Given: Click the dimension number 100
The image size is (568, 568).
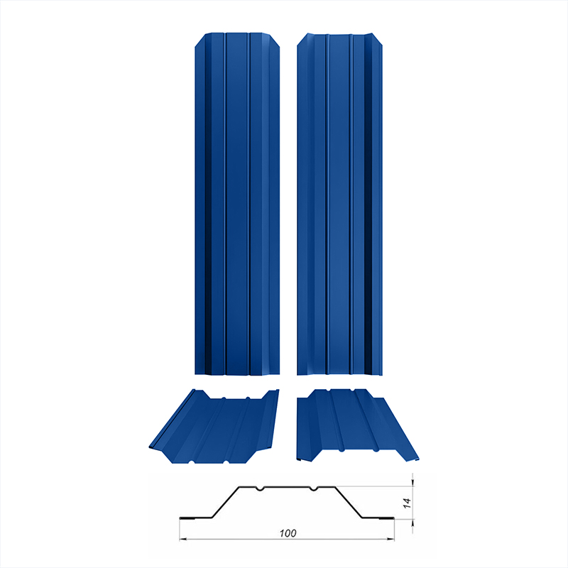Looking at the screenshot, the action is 288,533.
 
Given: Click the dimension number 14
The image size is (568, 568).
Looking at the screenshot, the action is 407,503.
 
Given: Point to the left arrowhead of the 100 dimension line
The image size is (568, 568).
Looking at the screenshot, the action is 183,540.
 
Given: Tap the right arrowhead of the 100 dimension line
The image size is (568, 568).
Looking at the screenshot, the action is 391,540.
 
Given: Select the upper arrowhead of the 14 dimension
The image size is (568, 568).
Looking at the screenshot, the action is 413,482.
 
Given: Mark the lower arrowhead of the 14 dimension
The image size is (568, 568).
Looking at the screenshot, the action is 413,523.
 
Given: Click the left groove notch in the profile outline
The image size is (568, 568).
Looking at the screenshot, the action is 259,488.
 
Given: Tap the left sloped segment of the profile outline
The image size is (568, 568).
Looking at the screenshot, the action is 225,502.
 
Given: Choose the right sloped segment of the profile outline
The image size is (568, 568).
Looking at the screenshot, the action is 349,502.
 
